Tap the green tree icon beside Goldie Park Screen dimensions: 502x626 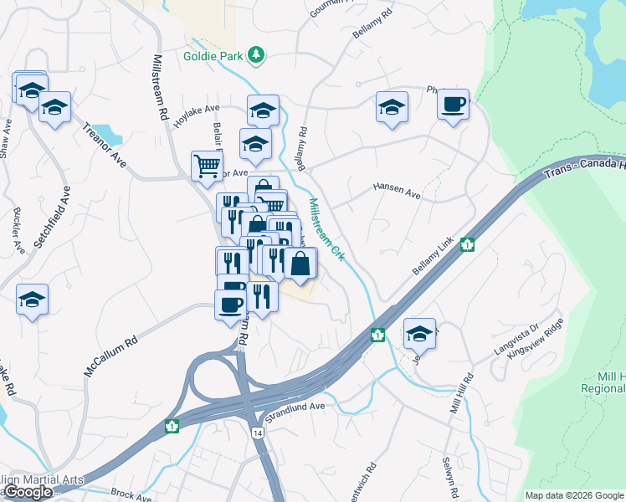(255, 56)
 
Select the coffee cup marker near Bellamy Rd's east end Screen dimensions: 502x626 (453, 105)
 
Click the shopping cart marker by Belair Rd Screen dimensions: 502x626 (206, 165)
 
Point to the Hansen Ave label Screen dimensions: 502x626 (397, 191)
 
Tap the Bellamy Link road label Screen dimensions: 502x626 (432, 259)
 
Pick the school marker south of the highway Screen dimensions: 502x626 (419, 333)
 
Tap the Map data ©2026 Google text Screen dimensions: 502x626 (574, 494)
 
